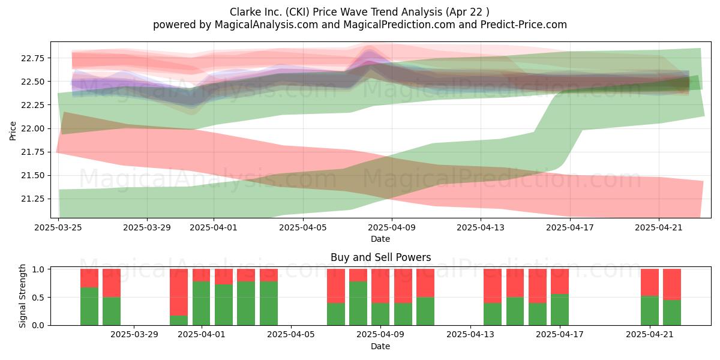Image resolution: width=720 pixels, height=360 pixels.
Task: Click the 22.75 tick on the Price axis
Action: click(33, 58)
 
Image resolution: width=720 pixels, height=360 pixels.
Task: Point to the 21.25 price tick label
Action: click(33, 199)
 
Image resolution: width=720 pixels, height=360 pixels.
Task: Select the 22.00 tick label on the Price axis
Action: click(33, 128)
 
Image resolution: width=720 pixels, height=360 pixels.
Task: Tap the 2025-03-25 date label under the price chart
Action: click(58, 227)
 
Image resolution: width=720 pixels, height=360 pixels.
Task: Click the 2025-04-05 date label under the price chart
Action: click(303, 227)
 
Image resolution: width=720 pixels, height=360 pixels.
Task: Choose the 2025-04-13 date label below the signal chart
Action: click(470, 334)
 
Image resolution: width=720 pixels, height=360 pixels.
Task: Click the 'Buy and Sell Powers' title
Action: click(380, 257)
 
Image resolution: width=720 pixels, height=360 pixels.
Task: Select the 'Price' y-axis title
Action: click(13, 131)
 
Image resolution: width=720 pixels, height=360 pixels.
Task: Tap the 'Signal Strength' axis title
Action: click(22, 296)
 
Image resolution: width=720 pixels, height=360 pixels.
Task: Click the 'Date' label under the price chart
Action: click(380, 239)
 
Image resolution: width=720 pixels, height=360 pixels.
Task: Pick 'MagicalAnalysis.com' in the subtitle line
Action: click(266, 25)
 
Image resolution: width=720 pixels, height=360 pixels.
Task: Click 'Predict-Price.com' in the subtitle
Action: click(524, 25)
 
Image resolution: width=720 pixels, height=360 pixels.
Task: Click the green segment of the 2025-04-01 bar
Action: click(201, 304)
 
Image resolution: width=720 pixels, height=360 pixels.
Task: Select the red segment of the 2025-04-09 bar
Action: click(380, 286)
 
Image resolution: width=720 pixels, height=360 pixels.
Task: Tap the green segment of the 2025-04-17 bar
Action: click(560, 310)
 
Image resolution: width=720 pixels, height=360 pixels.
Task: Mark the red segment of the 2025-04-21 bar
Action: click(650, 283)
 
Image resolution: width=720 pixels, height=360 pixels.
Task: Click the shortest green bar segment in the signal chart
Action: click(179, 320)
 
